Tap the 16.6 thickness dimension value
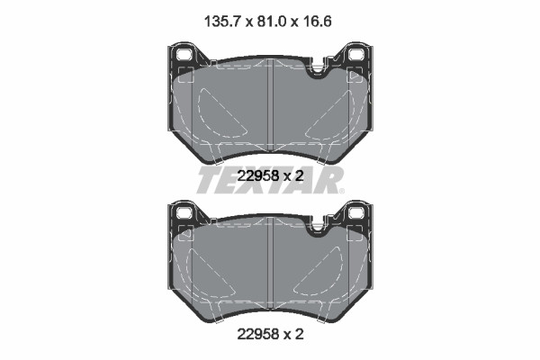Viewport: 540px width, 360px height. click(x=317, y=22)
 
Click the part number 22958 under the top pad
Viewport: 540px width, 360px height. click(x=258, y=176)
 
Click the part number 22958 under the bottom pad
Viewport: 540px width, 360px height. click(x=258, y=334)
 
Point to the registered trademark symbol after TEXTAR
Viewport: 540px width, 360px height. click(x=341, y=191)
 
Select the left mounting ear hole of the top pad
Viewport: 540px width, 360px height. click(x=184, y=55)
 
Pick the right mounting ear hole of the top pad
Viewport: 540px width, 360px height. click(x=355, y=55)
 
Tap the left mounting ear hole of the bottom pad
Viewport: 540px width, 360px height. click(x=184, y=212)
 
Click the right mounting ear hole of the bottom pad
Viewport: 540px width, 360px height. click(x=355, y=212)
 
